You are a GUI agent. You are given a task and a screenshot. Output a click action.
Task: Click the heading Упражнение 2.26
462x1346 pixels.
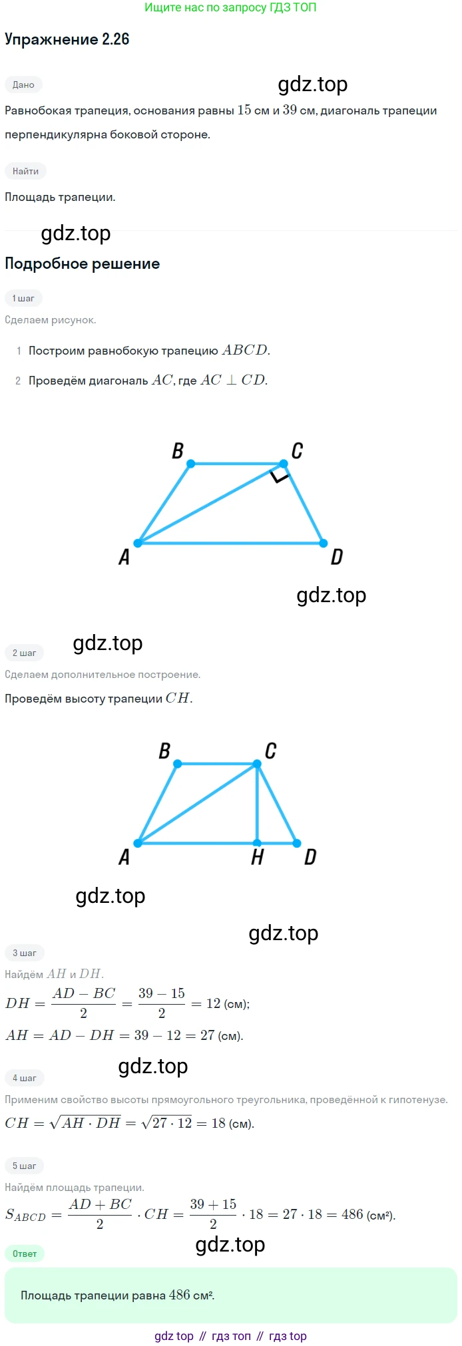point(67,39)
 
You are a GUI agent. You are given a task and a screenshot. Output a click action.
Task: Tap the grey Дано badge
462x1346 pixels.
point(23,84)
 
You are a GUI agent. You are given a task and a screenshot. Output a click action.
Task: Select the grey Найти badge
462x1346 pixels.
point(25,171)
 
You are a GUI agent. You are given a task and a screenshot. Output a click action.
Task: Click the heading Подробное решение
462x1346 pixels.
point(82,263)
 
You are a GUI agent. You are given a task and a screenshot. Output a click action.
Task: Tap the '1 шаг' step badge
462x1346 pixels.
point(23,298)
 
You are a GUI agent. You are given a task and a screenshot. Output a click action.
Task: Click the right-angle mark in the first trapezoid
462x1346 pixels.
point(280,474)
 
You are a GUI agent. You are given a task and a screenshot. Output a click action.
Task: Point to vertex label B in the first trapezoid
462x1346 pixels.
point(178,450)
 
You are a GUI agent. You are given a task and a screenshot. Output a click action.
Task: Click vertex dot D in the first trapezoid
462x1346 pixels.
point(323,543)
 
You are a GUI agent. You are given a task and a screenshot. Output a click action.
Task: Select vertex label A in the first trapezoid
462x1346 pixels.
point(124,557)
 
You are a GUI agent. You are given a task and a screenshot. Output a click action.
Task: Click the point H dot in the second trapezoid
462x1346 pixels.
point(258,843)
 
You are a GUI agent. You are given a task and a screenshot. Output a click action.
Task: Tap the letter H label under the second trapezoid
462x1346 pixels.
point(258,858)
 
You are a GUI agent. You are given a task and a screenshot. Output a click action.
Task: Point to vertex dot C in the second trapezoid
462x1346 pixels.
point(258,764)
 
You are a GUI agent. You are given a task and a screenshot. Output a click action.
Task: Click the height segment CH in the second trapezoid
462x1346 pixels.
point(258,804)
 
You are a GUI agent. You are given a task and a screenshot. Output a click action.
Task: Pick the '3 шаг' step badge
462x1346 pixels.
point(25,953)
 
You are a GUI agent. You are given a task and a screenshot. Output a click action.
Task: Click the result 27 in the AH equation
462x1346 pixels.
point(208,1035)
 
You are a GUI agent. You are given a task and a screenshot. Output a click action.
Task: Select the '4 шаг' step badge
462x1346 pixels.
point(25,1078)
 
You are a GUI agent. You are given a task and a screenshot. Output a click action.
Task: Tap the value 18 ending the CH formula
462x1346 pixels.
point(218,1123)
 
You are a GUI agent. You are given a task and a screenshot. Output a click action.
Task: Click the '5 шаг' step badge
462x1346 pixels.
point(25,1166)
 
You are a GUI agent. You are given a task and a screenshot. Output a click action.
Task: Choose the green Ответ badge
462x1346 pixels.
point(25,1254)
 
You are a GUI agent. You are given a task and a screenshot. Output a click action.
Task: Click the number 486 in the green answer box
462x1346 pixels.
point(180,1295)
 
